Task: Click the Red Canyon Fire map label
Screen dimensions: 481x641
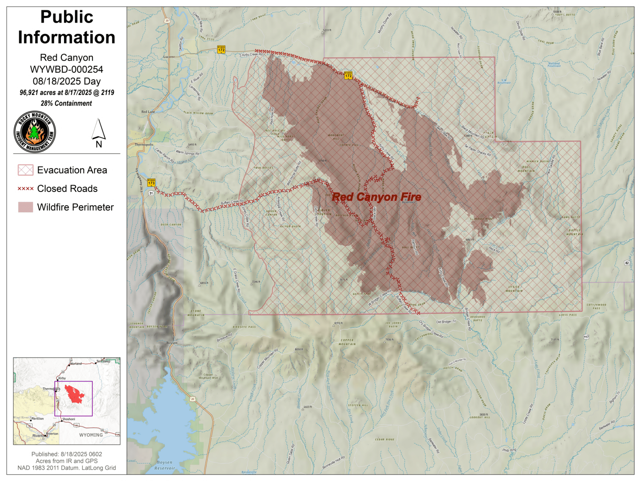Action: (x=376, y=197)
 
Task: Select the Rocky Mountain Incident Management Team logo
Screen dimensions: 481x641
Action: (x=35, y=132)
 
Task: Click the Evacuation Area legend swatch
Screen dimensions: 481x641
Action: (x=25, y=170)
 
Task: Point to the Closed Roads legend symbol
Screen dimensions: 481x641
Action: (x=25, y=189)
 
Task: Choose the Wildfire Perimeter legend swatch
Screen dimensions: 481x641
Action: (x=25, y=207)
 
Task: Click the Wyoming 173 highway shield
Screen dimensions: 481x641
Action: (x=151, y=182)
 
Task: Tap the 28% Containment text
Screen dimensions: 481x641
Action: (x=66, y=103)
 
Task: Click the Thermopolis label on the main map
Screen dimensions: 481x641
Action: (x=144, y=145)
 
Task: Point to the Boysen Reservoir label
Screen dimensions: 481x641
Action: (x=165, y=465)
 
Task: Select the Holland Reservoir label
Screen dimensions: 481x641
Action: (x=554, y=64)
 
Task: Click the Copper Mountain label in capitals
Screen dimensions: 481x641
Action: (x=347, y=342)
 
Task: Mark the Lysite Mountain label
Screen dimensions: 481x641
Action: (x=514, y=289)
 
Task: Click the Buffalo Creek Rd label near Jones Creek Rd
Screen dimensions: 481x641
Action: (x=232, y=202)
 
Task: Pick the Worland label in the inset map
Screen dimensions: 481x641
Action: (x=76, y=364)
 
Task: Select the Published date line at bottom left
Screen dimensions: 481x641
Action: (x=67, y=454)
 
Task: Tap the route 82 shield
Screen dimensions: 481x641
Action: (x=627, y=263)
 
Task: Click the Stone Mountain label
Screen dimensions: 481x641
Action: (x=196, y=313)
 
